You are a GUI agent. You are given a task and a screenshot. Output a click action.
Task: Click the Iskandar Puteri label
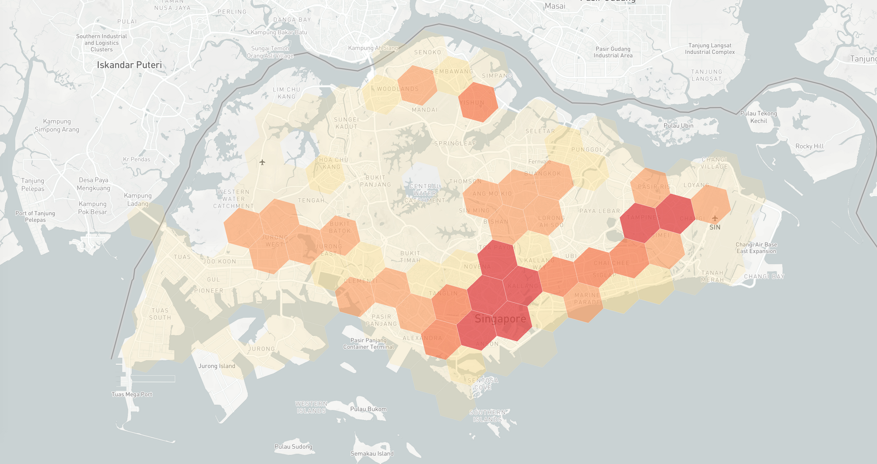pyautogui.click(x=129, y=65)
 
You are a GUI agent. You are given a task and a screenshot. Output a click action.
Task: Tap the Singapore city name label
pyautogui.click(x=500, y=319)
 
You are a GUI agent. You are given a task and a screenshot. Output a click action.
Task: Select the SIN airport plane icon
pyautogui.click(x=715, y=218)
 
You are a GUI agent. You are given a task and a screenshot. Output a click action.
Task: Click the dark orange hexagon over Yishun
pyautogui.click(x=478, y=102)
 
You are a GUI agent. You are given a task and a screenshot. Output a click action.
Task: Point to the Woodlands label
pyautogui.click(x=398, y=89)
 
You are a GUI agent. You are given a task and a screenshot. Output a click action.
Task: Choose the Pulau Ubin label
pyautogui.click(x=678, y=125)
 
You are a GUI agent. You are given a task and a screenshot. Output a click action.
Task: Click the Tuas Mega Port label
pyautogui.click(x=132, y=394)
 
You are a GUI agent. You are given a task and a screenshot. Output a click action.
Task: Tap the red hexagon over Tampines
pyautogui.click(x=640, y=222)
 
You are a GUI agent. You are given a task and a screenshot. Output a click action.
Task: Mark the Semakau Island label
pyautogui.click(x=372, y=453)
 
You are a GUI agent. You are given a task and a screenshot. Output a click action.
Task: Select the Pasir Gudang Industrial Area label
pyautogui.click(x=613, y=52)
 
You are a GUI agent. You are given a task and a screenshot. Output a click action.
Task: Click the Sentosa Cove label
pyautogui.click(x=482, y=384)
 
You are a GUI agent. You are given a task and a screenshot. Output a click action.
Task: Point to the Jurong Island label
pyautogui.click(x=217, y=366)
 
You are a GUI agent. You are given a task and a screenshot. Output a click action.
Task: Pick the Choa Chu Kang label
pyautogui.click(x=332, y=163)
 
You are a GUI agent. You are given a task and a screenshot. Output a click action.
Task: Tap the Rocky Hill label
pyautogui.click(x=809, y=146)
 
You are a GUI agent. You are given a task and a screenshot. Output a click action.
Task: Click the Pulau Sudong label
pyautogui.click(x=293, y=446)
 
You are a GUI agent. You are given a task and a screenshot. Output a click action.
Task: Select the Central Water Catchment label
pyautogui.click(x=424, y=193)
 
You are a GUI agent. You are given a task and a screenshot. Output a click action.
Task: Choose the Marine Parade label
pyautogui.click(x=587, y=299)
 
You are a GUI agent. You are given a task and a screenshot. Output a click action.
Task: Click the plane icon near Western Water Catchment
pyautogui.click(x=262, y=162)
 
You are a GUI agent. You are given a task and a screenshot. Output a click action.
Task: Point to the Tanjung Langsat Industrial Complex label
pyautogui.click(x=710, y=49)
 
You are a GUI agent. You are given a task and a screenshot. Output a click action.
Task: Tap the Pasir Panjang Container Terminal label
pyautogui.click(x=368, y=343)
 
